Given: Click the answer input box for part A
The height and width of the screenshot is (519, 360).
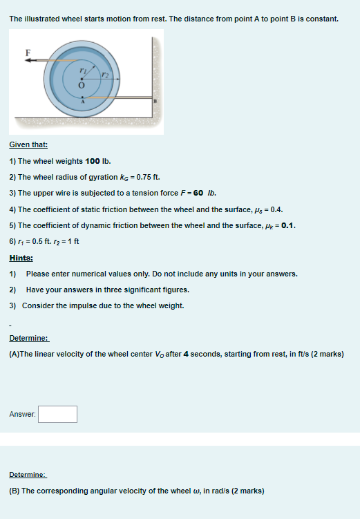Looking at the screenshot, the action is pos(57,414).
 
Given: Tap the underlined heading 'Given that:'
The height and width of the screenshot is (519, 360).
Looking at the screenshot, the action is pos(28,145).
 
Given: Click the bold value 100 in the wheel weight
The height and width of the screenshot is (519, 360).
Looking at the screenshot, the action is pos(93,161).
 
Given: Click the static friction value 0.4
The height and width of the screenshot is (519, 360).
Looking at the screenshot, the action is pos(275,209).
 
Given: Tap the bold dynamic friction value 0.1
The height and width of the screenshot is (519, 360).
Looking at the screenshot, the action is pos(286,225).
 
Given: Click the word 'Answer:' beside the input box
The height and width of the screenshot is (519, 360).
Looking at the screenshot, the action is pos(22,414).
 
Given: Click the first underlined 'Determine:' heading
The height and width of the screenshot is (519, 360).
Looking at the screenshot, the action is pos(28,339).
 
